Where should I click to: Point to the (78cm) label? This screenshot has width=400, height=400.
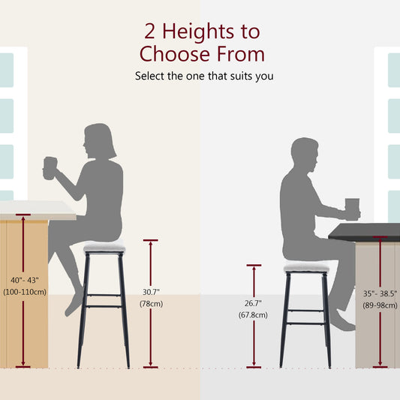point(150,303)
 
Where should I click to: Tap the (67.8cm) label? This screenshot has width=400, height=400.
point(254,315)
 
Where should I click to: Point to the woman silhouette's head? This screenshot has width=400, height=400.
point(100,141)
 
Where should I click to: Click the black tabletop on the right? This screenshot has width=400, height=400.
point(365,233)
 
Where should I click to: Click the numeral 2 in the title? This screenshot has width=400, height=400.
point(151,32)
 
